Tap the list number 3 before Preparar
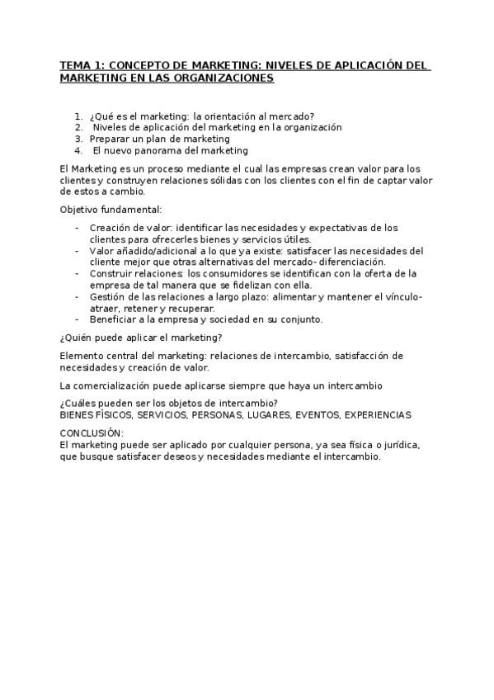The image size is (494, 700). pyautogui.click(x=78, y=139)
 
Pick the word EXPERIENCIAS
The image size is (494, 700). pyautogui.click(x=377, y=414)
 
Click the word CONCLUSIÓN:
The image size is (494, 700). pyautogui.click(x=92, y=433)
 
